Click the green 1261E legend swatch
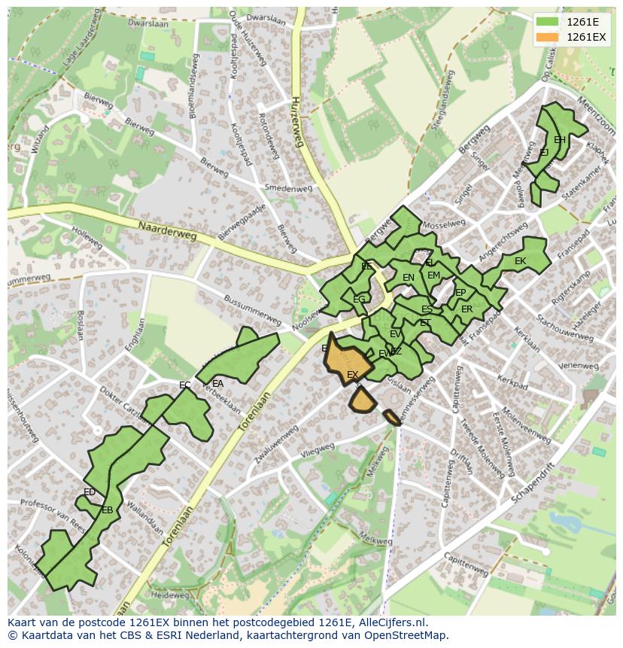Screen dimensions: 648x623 pyautogui.click(x=548, y=22)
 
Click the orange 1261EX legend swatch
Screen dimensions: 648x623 pyautogui.click(x=548, y=37)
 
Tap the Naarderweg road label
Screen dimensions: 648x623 pyautogui.click(x=167, y=230)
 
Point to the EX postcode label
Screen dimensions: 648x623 pyautogui.click(x=352, y=375)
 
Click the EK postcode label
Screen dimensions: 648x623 pyautogui.click(x=520, y=261)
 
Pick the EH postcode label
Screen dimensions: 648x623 pyautogui.click(x=560, y=140)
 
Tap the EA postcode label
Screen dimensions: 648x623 pyautogui.click(x=217, y=383)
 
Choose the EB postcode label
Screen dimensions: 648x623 pyautogui.click(x=108, y=510)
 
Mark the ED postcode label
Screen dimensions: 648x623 pyautogui.click(x=90, y=492)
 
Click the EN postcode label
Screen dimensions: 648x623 pyautogui.click(x=409, y=278)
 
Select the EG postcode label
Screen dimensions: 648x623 pyautogui.click(x=359, y=300)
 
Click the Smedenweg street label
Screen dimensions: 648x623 pyautogui.click(x=288, y=188)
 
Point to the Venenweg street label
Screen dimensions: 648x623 pyautogui.click(x=579, y=365)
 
